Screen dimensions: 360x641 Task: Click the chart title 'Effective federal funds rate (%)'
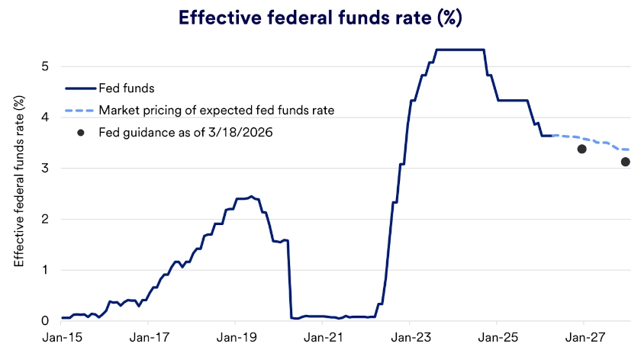coord(320,18)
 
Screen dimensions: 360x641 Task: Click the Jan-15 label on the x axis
coord(63,338)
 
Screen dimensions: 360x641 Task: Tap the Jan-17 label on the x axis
coord(150,338)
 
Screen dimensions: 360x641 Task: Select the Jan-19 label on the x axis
coord(237,338)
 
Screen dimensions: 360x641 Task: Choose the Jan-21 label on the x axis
coord(324,338)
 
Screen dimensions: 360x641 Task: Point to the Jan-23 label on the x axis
coord(410,338)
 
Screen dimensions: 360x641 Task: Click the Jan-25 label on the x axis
coord(497,338)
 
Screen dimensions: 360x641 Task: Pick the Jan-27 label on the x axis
coord(584,338)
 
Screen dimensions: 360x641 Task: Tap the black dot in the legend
coord(80,132)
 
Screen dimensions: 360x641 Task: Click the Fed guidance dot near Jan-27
coord(581,149)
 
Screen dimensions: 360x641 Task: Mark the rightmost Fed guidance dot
coord(625,162)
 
